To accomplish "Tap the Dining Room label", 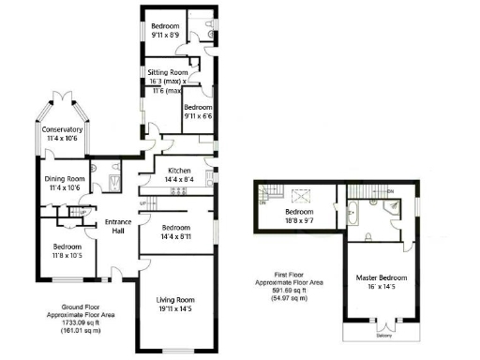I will (x=65, y=178).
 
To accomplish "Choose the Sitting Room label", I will (x=166, y=72).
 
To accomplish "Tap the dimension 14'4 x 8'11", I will (x=174, y=238).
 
